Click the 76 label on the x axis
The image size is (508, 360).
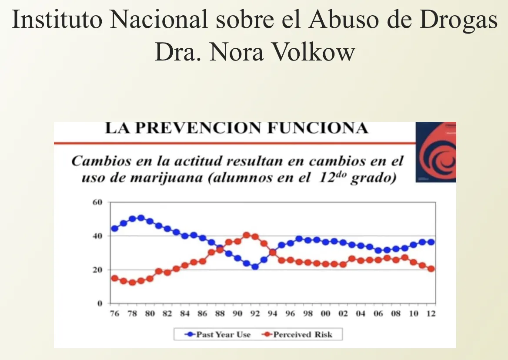[x=114, y=314]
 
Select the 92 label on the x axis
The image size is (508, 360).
[x=255, y=314]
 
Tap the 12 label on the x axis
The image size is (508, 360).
[x=431, y=314]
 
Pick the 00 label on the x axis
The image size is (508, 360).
[x=325, y=314]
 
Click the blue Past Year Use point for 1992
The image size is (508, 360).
[x=255, y=266]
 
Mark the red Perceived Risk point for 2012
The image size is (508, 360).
[x=431, y=269]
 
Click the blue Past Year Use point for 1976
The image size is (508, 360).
[x=115, y=229]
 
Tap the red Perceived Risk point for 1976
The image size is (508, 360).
[x=115, y=278]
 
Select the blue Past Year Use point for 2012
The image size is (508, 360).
[x=431, y=242]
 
